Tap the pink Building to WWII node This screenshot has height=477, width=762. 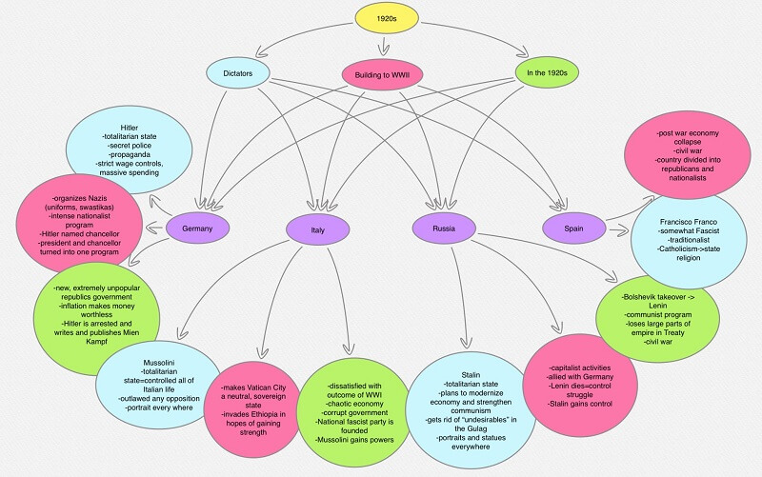pyautogui.click(x=382, y=74)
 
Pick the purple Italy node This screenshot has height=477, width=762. pyautogui.click(x=317, y=229)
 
